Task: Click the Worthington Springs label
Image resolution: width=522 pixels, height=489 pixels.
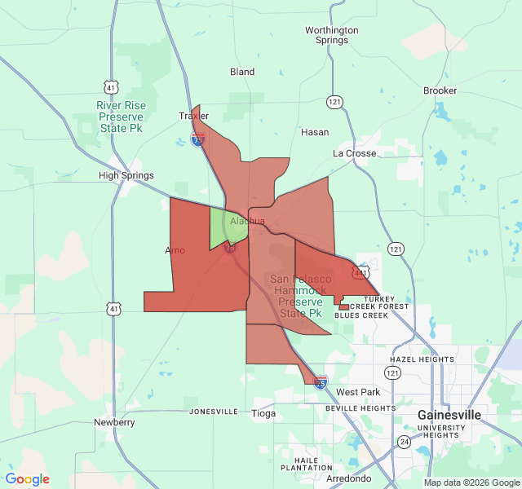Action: pos(332,35)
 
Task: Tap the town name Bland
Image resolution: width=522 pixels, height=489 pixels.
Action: pos(242,72)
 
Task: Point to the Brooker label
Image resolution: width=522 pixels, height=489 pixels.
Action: pos(440,90)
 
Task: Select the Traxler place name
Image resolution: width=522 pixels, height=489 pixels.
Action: pos(194,116)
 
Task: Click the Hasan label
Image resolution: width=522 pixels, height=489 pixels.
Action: pos(315,132)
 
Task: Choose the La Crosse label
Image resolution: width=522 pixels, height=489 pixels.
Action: pos(355,153)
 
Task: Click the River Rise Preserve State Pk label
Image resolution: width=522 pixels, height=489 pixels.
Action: pos(120,117)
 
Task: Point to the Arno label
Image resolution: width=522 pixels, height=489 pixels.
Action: pos(175,250)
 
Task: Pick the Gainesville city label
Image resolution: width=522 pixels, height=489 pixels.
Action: pos(449,415)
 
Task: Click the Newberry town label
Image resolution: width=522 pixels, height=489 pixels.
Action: pos(114,422)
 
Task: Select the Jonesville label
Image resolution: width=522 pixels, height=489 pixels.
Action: pos(214,412)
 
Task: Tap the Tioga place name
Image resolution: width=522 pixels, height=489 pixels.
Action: pos(263,413)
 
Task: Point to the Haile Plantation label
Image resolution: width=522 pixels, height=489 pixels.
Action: pos(307,463)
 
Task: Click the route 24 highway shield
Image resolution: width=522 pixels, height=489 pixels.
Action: pos(405,441)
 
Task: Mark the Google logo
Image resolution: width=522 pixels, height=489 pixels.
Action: pos(28,479)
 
